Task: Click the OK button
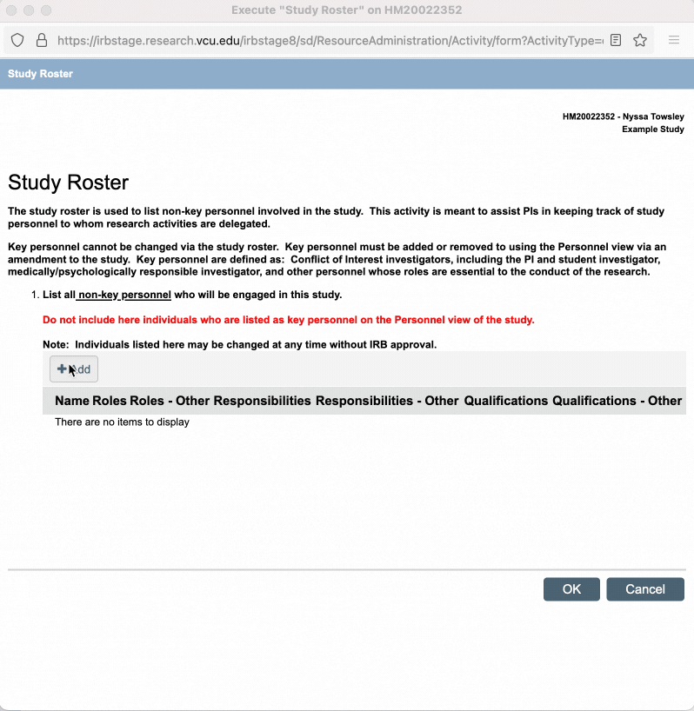(571, 589)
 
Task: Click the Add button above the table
(74, 369)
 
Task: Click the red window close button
(11, 10)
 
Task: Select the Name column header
(72, 401)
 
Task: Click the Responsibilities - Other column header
(387, 401)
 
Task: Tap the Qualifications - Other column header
(617, 401)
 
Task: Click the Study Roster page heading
(68, 183)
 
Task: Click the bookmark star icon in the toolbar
(640, 40)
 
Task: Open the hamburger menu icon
(674, 40)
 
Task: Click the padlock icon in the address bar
(41, 40)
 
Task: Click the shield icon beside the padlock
(17, 40)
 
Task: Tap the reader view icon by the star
(616, 40)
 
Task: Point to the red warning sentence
(288, 320)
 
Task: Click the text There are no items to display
(122, 422)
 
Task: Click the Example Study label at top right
(652, 130)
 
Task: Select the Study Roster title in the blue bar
(40, 74)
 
